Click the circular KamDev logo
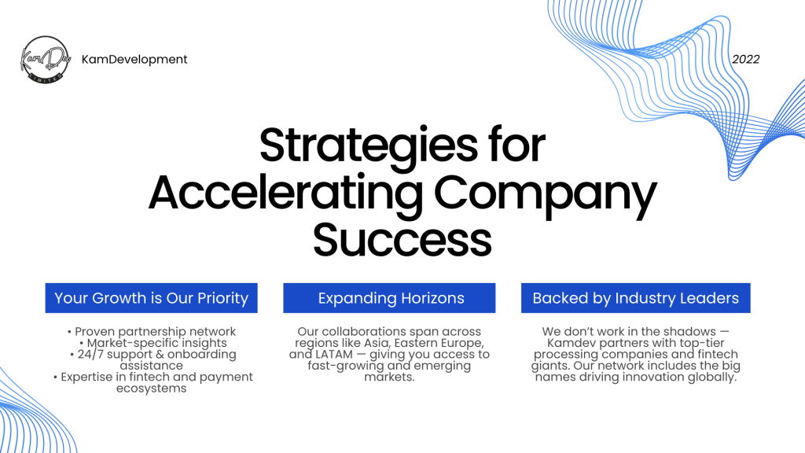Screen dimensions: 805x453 pyautogui.click(x=45, y=60)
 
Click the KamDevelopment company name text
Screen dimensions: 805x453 pyautogui.click(x=134, y=60)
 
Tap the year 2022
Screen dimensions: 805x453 pyautogui.click(x=745, y=60)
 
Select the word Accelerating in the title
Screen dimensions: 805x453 pyautogui.click(x=285, y=193)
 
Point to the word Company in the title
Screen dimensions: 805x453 pyautogui.click(x=546, y=195)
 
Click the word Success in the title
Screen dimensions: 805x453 pyautogui.click(x=402, y=240)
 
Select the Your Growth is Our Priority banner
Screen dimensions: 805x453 pyautogui.click(x=152, y=298)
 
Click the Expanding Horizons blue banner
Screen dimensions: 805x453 pyautogui.click(x=389, y=298)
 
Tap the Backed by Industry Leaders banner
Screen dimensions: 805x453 pyautogui.click(x=635, y=298)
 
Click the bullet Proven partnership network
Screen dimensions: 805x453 pyautogui.click(x=152, y=332)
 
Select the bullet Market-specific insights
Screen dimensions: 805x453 pyautogui.click(x=153, y=343)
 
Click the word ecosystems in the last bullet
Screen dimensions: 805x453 pyautogui.click(x=152, y=389)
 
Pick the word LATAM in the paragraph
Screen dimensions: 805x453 pyautogui.click(x=334, y=355)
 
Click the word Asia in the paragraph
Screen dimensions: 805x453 pyautogui.click(x=377, y=343)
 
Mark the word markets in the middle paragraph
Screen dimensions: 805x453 pyautogui.click(x=389, y=377)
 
